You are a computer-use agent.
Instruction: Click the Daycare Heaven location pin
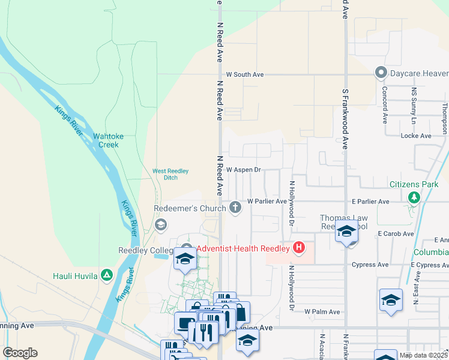pyautogui.click(x=380, y=73)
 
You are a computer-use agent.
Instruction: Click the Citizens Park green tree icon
pyautogui.click(x=414, y=197)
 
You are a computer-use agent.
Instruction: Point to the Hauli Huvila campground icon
pyautogui.click(x=107, y=275)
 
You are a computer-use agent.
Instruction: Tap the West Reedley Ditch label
pyautogui.click(x=170, y=174)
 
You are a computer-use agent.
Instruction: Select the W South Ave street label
pyautogui.click(x=245, y=74)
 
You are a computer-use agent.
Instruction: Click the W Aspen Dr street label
pyautogui.click(x=244, y=170)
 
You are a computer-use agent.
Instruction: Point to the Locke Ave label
pyautogui.click(x=416, y=136)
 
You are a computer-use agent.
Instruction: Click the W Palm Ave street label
pyautogui.click(x=322, y=312)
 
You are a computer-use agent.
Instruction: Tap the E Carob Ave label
pyautogui.click(x=396, y=233)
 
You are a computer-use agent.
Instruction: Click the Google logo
pyautogui.click(x=20, y=352)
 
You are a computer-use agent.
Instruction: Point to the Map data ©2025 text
pyautogui.click(x=423, y=355)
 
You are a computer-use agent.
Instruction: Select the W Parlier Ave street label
pyautogui.click(x=267, y=202)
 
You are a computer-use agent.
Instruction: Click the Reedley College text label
pyautogui.click(x=145, y=250)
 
